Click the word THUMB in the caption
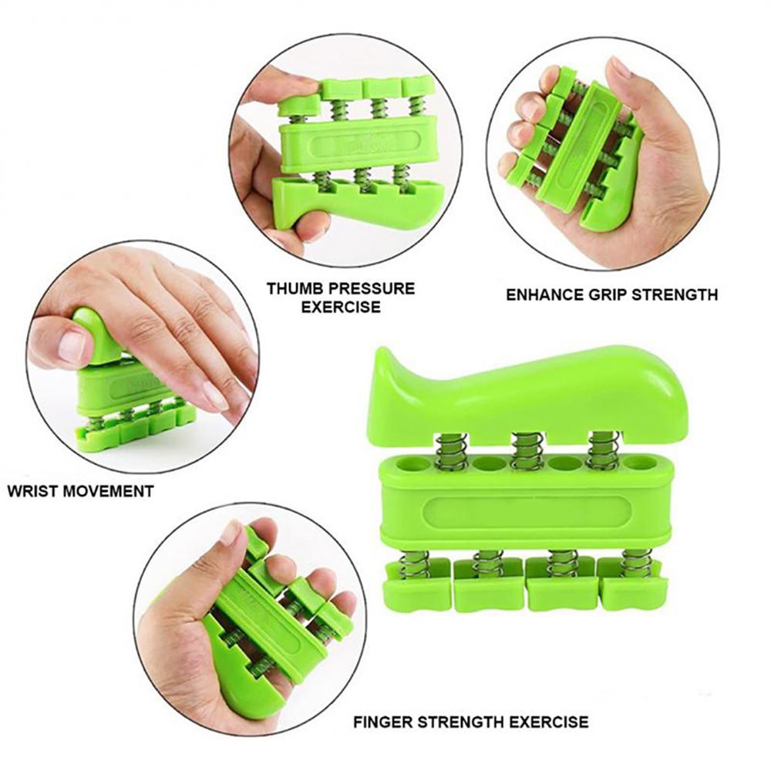coord(291,289)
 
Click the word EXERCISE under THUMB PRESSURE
coord(339,307)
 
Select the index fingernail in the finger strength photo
coord(230,531)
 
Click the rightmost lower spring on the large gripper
coord(637,564)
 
